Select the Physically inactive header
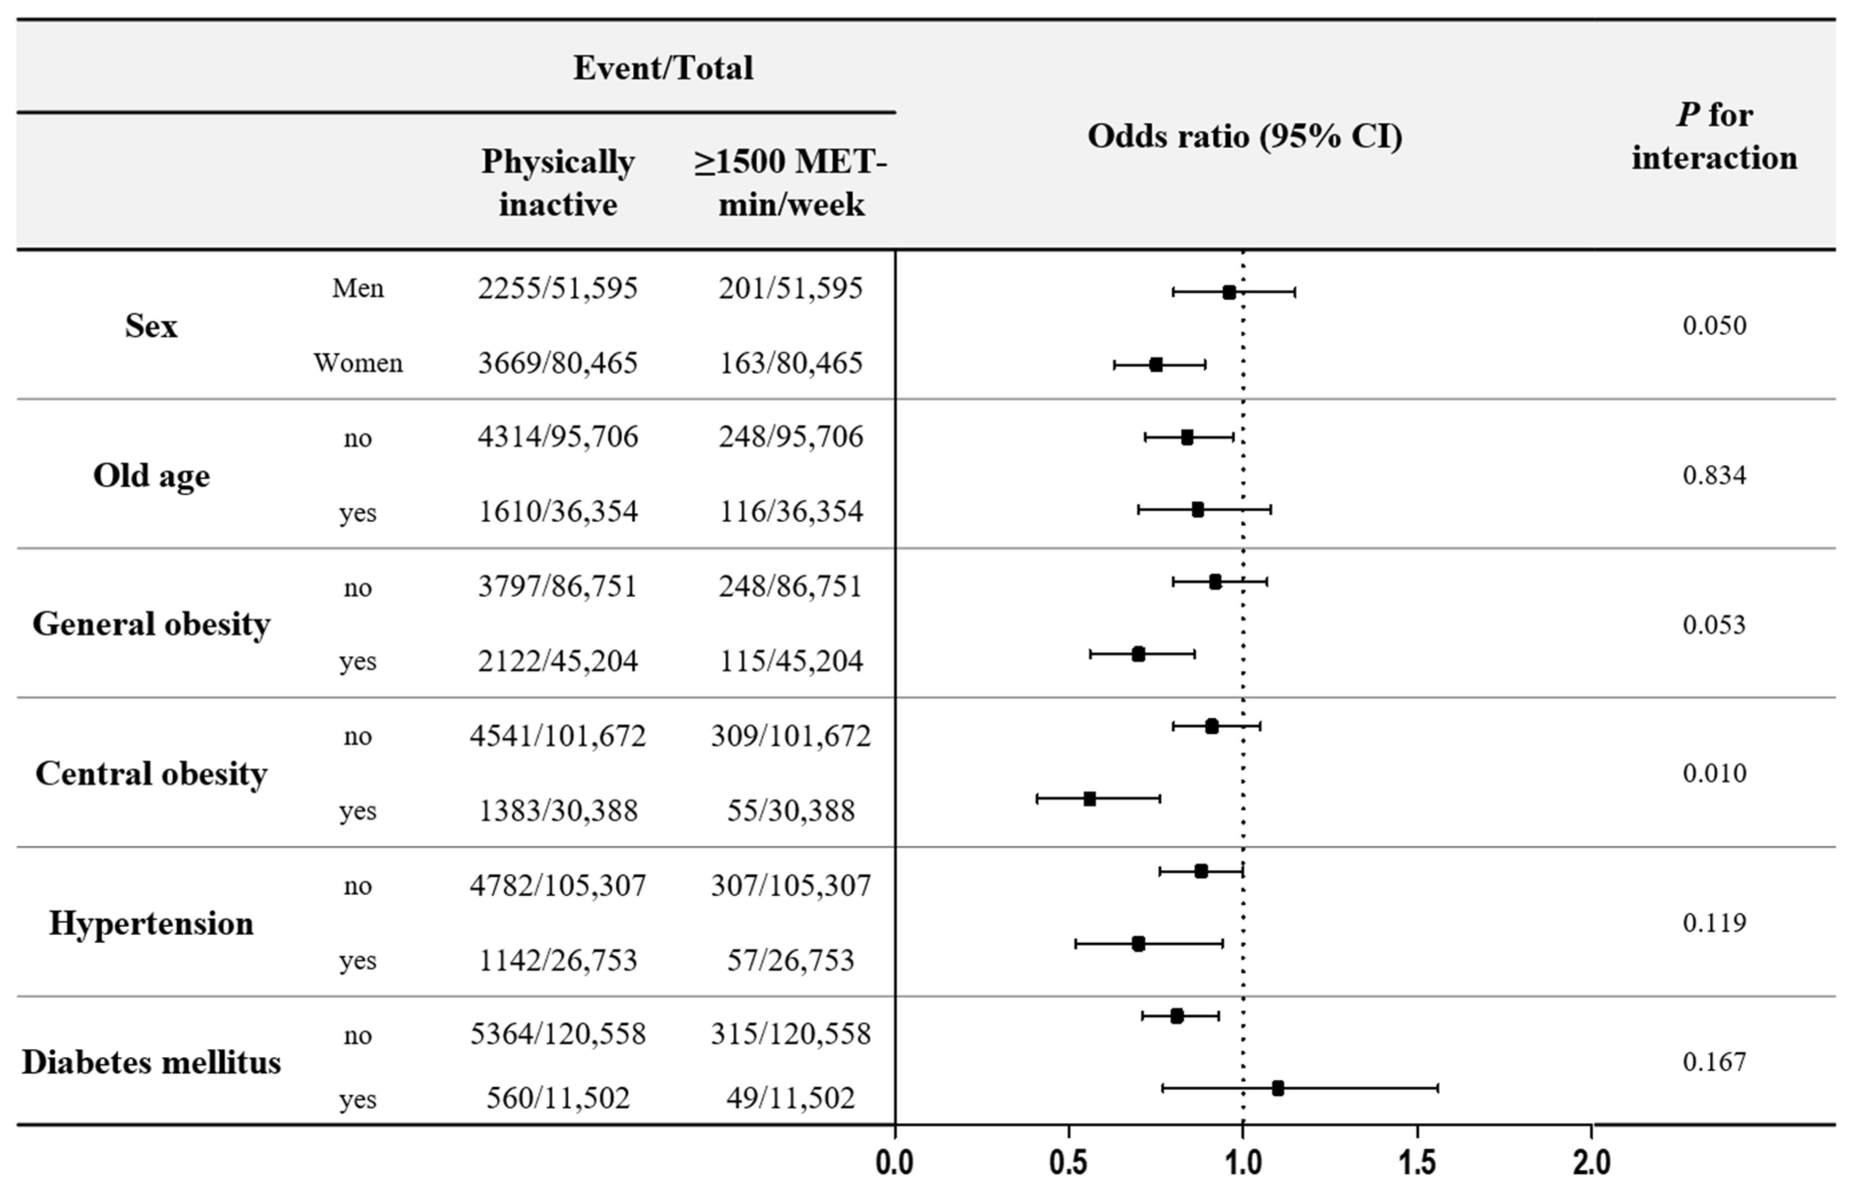(x=558, y=183)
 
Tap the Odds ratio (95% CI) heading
(x=1245, y=136)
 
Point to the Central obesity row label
(x=151, y=773)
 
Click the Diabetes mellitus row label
(x=151, y=1062)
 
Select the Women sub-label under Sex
(x=358, y=363)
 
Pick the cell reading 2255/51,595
(x=558, y=288)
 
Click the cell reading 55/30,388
(x=791, y=810)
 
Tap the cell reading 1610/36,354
(x=558, y=511)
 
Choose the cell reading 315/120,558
(x=791, y=1033)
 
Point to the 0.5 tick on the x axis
(x=1069, y=1163)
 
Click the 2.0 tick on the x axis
(x=1592, y=1163)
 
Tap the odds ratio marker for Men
(x=1229, y=292)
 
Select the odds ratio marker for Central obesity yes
(x=1090, y=799)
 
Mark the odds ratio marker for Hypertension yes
(x=1138, y=943)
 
